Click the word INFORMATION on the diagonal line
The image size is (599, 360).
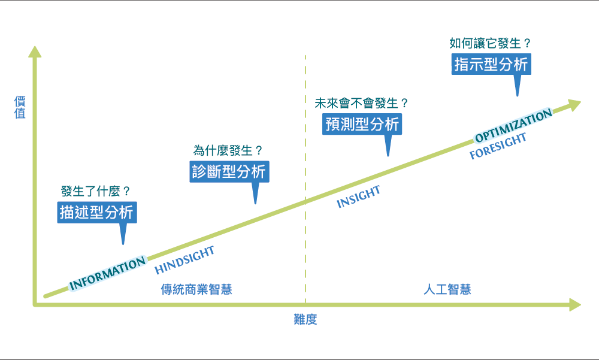tap(108, 274)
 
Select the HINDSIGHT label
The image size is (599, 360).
tap(184, 260)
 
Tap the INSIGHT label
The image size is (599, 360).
tap(359, 197)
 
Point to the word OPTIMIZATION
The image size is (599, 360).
tap(513, 126)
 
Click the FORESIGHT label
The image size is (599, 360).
tap(498, 146)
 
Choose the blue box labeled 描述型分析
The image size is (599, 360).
tap(97, 212)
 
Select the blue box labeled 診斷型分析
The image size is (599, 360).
tap(229, 171)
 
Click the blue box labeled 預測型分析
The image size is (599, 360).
tap(362, 124)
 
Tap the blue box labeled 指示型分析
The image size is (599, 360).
tap(491, 64)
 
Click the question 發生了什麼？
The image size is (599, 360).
tap(96, 192)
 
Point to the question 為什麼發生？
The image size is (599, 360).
tap(228, 150)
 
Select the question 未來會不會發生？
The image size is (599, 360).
tap(362, 103)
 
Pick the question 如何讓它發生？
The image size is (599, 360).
tap(491, 43)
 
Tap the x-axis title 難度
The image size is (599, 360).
tap(305, 319)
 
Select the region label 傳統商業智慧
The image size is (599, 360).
tap(196, 289)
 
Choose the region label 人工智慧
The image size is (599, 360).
tap(447, 289)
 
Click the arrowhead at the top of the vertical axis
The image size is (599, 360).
tap(35, 51)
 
